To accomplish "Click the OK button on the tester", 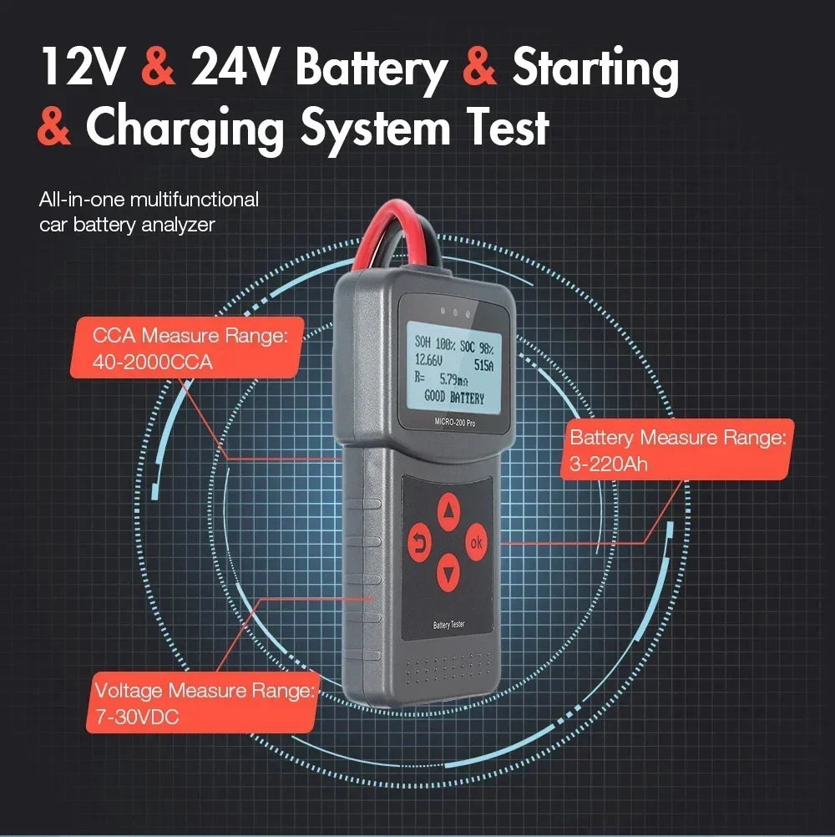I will [476, 542].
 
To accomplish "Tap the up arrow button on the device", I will [449, 508].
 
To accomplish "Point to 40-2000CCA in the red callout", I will [154, 363].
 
